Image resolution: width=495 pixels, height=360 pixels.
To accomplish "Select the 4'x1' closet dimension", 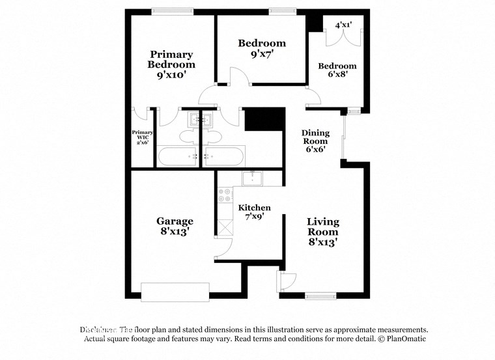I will click(343, 25).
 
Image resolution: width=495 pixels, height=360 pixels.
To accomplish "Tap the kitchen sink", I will click(252, 178).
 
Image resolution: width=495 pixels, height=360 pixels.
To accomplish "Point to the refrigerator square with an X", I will click(225, 228).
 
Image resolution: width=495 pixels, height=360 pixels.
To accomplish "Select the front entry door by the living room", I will click(287, 282).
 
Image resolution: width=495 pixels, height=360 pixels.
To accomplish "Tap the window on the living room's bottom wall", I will click(321, 296).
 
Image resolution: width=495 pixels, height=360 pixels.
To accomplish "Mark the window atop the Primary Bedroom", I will click(167, 11).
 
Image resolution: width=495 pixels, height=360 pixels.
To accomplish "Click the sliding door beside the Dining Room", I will click(345, 137).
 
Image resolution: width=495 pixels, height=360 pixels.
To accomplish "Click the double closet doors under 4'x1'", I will click(343, 38).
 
